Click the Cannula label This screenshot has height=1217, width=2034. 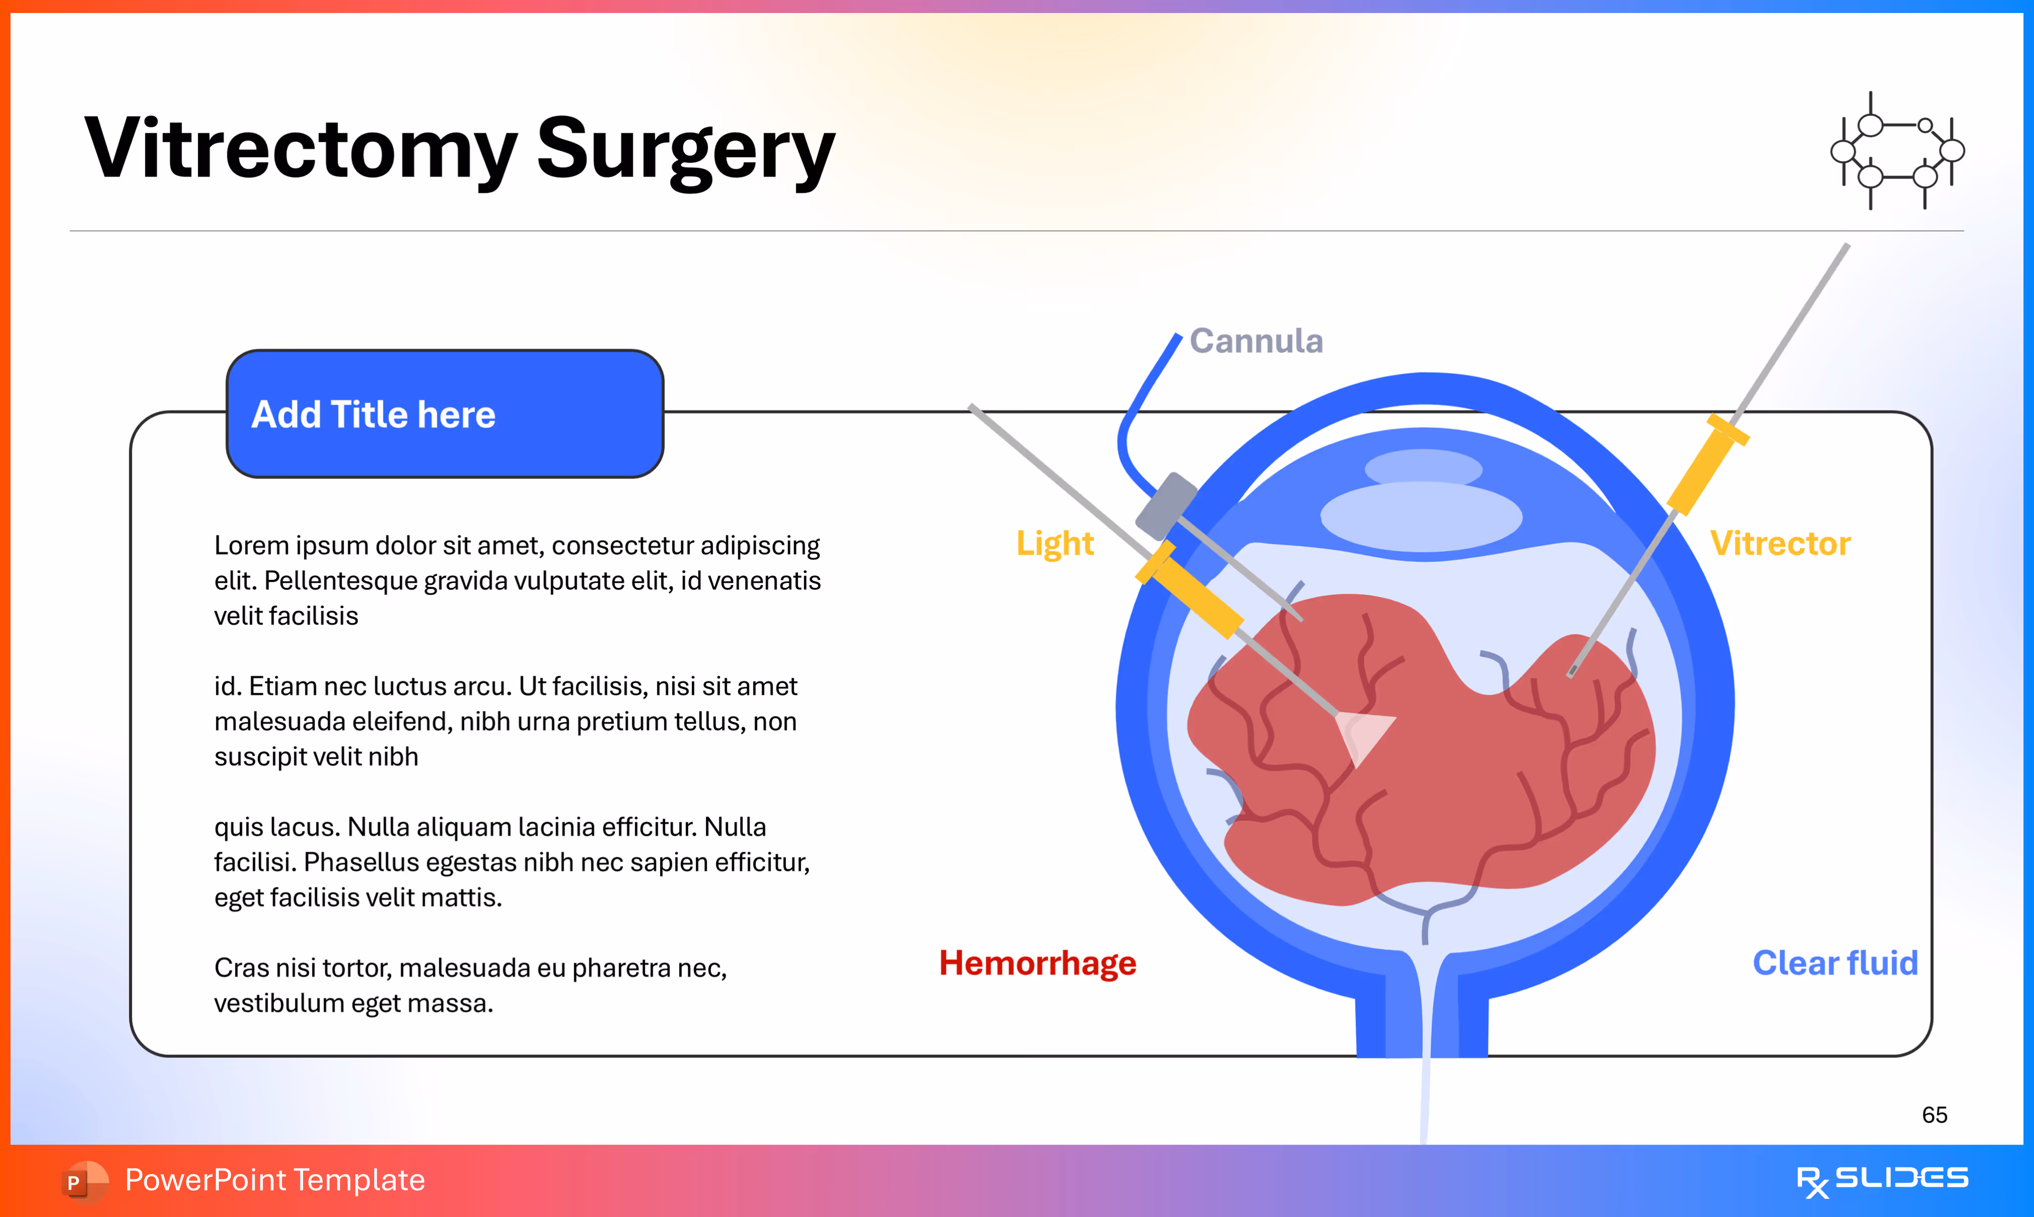coord(1255,341)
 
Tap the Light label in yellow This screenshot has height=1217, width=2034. coord(1055,544)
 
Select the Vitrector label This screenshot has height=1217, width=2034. coord(1779,544)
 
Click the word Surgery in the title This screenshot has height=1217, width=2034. coord(686,150)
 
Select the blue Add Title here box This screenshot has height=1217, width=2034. coord(444,414)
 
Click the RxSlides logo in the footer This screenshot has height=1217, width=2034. coord(1882,1180)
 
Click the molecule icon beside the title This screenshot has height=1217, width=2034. coord(1897,151)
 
